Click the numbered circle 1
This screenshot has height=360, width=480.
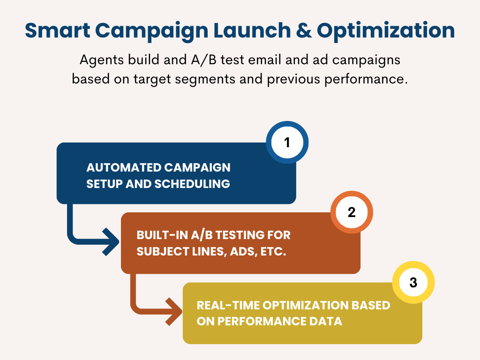tap(287, 142)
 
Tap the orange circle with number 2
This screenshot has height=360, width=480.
tap(352, 212)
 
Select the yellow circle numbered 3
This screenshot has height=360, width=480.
tap(413, 282)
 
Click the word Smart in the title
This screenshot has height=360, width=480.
tap(58, 30)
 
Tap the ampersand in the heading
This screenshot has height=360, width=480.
tap(304, 30)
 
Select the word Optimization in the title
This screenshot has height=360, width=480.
tap(386, 31)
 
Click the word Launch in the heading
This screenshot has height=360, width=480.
tap(252, 30)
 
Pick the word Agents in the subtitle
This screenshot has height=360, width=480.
tap(102, 60)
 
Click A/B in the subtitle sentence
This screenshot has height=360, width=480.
tap(203, 60)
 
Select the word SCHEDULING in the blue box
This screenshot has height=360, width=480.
tap(192, 184)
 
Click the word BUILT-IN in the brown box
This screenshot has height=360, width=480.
tap(162, 235)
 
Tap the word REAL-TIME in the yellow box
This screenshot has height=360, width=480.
tap(228, 305)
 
